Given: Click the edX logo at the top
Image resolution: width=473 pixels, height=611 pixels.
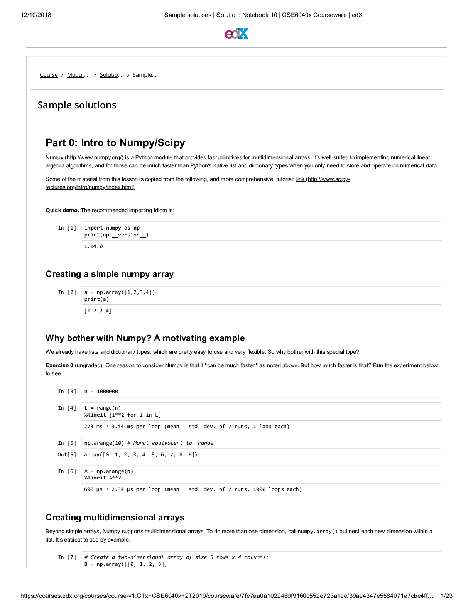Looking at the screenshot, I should click(236, 34).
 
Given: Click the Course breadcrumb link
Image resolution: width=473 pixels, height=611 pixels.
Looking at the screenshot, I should click(49, 75).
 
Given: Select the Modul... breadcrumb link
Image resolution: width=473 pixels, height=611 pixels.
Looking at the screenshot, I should click(77, 75).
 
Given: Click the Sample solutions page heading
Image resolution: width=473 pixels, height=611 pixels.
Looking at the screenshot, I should click(77, 105).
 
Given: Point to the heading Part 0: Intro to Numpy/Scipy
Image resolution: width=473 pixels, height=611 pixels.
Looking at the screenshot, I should click(115, 143).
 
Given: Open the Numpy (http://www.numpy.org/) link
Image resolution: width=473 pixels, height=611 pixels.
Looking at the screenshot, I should click(84, 157).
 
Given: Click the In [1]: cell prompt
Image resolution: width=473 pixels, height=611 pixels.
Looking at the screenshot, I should click(68, 228).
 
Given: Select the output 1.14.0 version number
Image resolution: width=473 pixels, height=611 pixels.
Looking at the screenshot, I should click(93, 246).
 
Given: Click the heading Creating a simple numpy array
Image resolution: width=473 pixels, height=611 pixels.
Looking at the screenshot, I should click(110, 274).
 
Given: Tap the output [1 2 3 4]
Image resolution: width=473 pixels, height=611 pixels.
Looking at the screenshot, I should click(98, 311).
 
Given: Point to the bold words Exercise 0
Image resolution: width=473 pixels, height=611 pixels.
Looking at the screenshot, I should click(59, 365).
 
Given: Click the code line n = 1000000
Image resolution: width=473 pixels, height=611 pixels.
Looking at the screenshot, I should click(101, 392).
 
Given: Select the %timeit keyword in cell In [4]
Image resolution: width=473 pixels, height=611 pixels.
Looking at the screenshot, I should click(95, 415).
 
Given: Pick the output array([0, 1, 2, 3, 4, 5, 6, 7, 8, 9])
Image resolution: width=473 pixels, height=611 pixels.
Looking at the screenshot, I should click(140, 455).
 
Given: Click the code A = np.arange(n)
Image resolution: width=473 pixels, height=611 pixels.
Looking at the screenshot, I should click(109, 471).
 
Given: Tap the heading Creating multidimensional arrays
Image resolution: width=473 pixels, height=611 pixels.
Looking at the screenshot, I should click(115, 517).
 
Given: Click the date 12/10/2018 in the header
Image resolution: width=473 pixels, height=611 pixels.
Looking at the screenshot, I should click(36, 15).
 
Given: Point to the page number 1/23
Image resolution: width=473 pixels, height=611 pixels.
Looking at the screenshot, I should click(446, 596).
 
